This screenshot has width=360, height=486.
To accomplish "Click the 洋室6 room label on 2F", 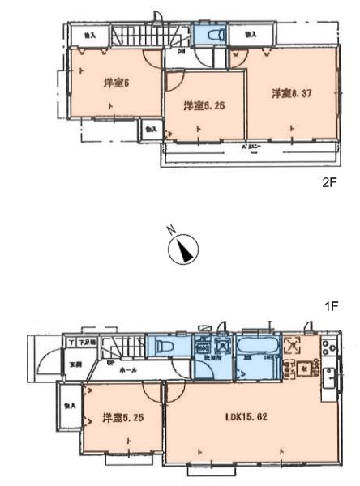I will [x=114, y=83].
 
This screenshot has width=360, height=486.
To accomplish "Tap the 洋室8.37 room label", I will [x=291, y=93].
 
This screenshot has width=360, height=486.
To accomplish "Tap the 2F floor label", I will [x=328, y=183].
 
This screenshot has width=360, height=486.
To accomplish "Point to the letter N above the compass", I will [x=171, y=230].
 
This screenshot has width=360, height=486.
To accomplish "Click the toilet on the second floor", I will [x=215, y=36].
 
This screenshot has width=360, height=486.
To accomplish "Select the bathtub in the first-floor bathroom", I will [x=258, y=353].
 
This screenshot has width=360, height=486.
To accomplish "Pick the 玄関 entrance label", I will [x=76, y=364].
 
